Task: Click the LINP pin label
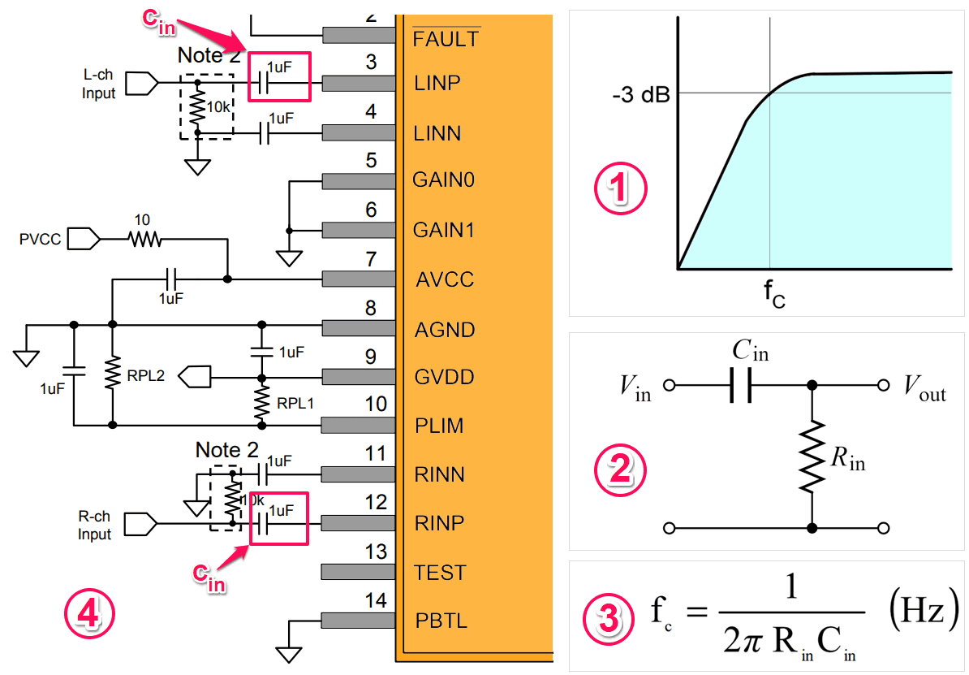[x=437, y=83]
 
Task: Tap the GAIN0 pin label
[x=443, y=180]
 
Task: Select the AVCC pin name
[x=445, y=279]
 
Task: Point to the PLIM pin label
[x=439, y=426]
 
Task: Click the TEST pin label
[x=439, y=573]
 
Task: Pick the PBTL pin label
[x=441, y=621]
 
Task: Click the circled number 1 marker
[x=621, y=188]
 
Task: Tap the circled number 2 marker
[x=620, y=469]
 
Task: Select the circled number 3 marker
[x=609, y=617]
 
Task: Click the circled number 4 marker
[x=89, y=614]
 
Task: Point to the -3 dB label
[x=641, y=95]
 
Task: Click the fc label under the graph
[x=774, y=293]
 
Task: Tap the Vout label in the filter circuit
[x=924, y=387]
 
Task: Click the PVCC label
[x=40, y=240]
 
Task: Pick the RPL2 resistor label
[x=146, y=376]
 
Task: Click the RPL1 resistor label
[x=295, y=404]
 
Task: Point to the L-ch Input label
[x=99, y=84]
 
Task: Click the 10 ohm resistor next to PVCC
[x=145, y=239]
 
